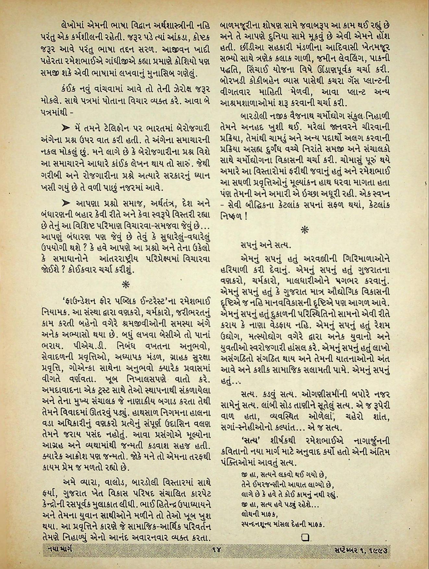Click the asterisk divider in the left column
coord(125,285)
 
